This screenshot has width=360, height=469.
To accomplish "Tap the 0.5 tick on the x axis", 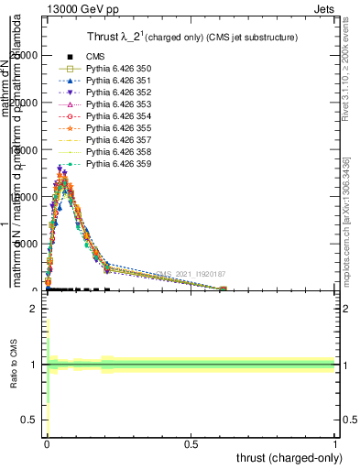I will coord(191,443).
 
